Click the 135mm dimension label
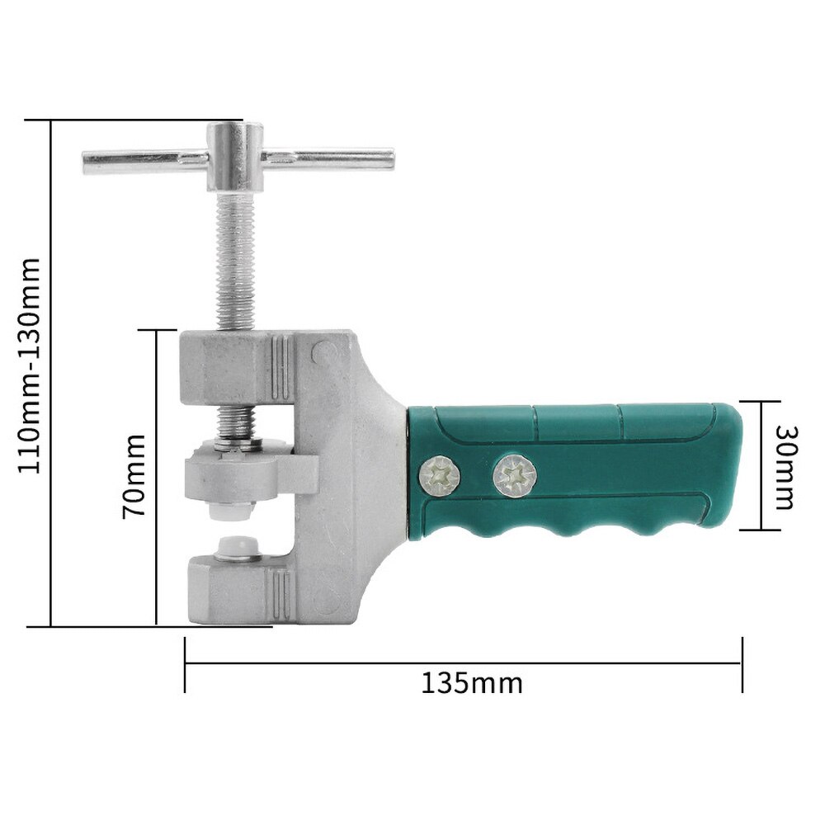click(x=472, y=684)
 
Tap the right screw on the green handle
click(x=513, y=476)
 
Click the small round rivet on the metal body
click(x=319, y=352)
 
